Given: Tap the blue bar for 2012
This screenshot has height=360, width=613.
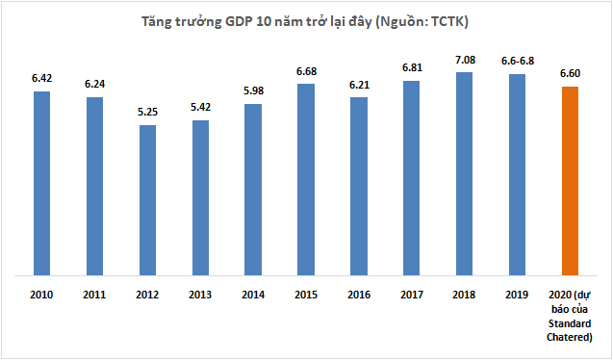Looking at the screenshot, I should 147,198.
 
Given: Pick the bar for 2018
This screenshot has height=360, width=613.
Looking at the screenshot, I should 464,172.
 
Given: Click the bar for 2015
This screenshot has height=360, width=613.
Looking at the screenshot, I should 306,178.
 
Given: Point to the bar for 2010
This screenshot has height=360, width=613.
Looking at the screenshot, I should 41,182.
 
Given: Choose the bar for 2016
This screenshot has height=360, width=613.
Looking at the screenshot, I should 359,185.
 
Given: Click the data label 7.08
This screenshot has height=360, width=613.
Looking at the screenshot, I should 464,61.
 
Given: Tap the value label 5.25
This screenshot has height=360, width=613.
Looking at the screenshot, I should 147,113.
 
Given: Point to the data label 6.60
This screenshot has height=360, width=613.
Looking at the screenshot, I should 570,74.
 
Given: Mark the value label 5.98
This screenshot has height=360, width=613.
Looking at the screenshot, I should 253,91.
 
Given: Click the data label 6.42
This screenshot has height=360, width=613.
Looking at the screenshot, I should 41,79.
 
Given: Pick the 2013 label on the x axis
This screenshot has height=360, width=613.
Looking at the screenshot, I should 200,296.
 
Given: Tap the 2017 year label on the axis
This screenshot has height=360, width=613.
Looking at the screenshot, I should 412,296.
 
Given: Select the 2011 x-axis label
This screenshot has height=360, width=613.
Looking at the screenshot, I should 94,296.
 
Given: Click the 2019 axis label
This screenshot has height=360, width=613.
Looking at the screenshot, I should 517,296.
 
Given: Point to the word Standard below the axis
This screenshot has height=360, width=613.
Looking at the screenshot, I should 569,323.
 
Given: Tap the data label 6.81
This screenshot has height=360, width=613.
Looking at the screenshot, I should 412,68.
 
